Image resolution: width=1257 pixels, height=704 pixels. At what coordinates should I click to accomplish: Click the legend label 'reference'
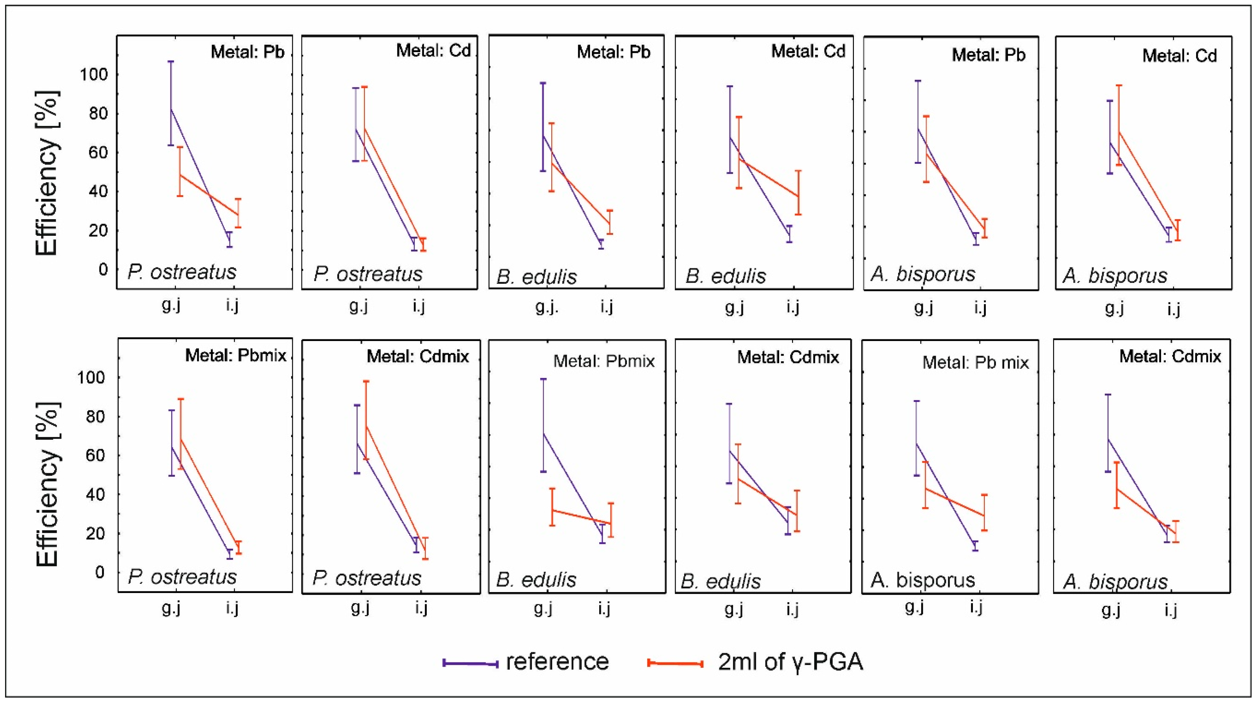point(557,662)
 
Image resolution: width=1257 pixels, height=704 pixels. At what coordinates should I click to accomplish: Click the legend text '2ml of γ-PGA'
point(791,662)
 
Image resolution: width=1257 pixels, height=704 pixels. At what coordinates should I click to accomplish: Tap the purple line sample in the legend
point(470,663)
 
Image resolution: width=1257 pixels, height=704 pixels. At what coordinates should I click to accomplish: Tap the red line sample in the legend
point(675,663)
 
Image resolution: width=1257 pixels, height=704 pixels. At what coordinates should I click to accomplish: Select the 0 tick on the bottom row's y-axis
point(100,572)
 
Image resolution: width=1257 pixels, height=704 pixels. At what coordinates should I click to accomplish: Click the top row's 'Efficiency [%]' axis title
point(47,173)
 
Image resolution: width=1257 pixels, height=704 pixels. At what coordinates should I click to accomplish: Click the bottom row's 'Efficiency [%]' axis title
point(47,484)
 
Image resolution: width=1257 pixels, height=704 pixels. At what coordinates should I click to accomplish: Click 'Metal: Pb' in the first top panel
point(248,52)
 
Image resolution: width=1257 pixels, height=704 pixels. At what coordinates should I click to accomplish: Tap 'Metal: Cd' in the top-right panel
point(1180,56)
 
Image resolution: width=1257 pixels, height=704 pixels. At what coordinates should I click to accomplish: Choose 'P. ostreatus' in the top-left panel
point(182,272)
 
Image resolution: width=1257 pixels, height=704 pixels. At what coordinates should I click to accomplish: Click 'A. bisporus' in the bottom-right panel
point(1116,582)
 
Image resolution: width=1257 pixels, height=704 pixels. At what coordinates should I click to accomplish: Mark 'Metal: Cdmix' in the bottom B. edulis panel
point(788,357)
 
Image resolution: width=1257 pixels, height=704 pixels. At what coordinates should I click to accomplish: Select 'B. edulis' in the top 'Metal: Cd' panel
point(726,276)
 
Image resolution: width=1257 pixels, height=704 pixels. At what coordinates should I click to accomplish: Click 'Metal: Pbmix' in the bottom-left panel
point(236,356)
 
